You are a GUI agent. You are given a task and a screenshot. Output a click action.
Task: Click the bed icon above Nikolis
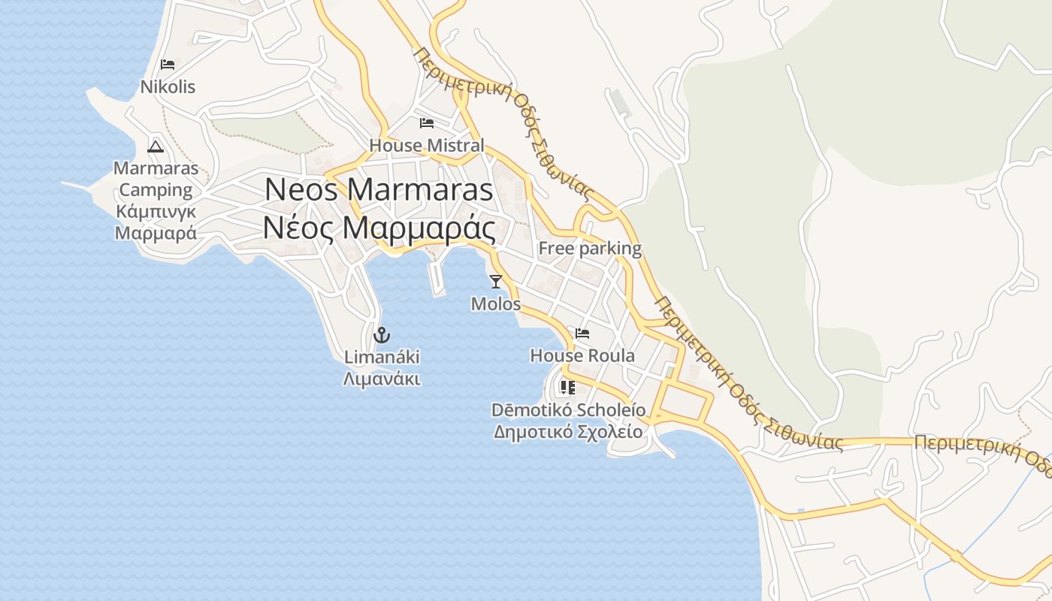tap(168, 65)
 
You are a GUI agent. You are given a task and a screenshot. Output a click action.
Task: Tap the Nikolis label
tap(168, 87)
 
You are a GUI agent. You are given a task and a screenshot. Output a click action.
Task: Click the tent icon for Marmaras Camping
tap(156, 146)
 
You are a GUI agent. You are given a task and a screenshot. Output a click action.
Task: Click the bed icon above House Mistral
tap(427, 122)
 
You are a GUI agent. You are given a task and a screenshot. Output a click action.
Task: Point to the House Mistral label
tap(427, 145)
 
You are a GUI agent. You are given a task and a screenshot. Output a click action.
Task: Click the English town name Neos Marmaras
tap(379, 189)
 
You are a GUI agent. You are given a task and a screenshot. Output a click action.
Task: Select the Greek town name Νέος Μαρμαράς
tap(379, 228)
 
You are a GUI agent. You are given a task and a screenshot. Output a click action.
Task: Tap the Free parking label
tap(590, 248)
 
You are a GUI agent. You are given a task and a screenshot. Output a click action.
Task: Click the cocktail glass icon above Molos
tap(495, 282)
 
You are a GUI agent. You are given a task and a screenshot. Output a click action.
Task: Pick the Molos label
tap(495, 304)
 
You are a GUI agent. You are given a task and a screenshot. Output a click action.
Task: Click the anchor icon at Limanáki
tap(382, 334)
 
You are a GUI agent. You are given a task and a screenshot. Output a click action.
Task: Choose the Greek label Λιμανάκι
tap(382, 379)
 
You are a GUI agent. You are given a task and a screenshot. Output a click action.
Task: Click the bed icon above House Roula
tap(582, 334)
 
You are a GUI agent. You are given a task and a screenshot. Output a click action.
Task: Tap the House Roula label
tap(582, 355)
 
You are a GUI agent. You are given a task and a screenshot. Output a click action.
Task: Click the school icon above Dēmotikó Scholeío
tap(567, 388)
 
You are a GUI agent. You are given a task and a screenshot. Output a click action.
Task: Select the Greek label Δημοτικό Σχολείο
tap(568, 432)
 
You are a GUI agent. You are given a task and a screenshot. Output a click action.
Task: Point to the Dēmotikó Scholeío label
tap(568, 410)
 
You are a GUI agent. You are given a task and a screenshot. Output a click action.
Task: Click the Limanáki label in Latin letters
tap(382, 357)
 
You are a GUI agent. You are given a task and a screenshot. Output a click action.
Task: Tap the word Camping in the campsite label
tap(156, 190)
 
